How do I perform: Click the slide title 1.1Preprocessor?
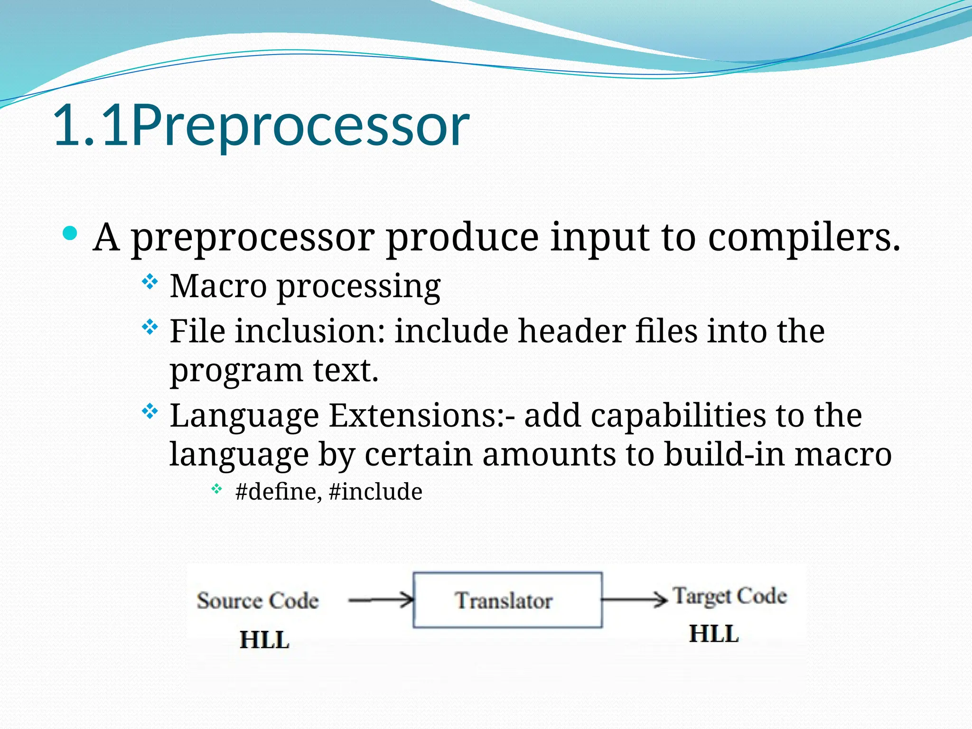pyautogui.click(x=261, y=126)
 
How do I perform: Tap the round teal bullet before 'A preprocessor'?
pyautogui.click(x=70, y=234)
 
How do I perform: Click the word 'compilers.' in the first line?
pyautogui.click(x=804, y=237)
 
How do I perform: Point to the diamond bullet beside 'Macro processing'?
pyautogui.click(x=150, y=282)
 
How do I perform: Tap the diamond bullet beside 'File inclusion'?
pyautogui.click(x=150, y=327)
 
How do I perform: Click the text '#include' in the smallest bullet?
pyautogui.click(x=375, y=492)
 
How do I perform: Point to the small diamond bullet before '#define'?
pyautogui.click(x=216, y=489)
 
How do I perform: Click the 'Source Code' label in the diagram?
pyautogui.click(x=258, y=600)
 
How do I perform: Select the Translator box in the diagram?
pyautogui.click(x=507, y=600)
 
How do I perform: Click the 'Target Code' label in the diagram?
pyautogui.click(x=730, y=596)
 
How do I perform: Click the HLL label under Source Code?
pyautogui.click(x=264, y=639)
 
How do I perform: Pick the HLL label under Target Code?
pyautogui.click(x=714, y=634)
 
